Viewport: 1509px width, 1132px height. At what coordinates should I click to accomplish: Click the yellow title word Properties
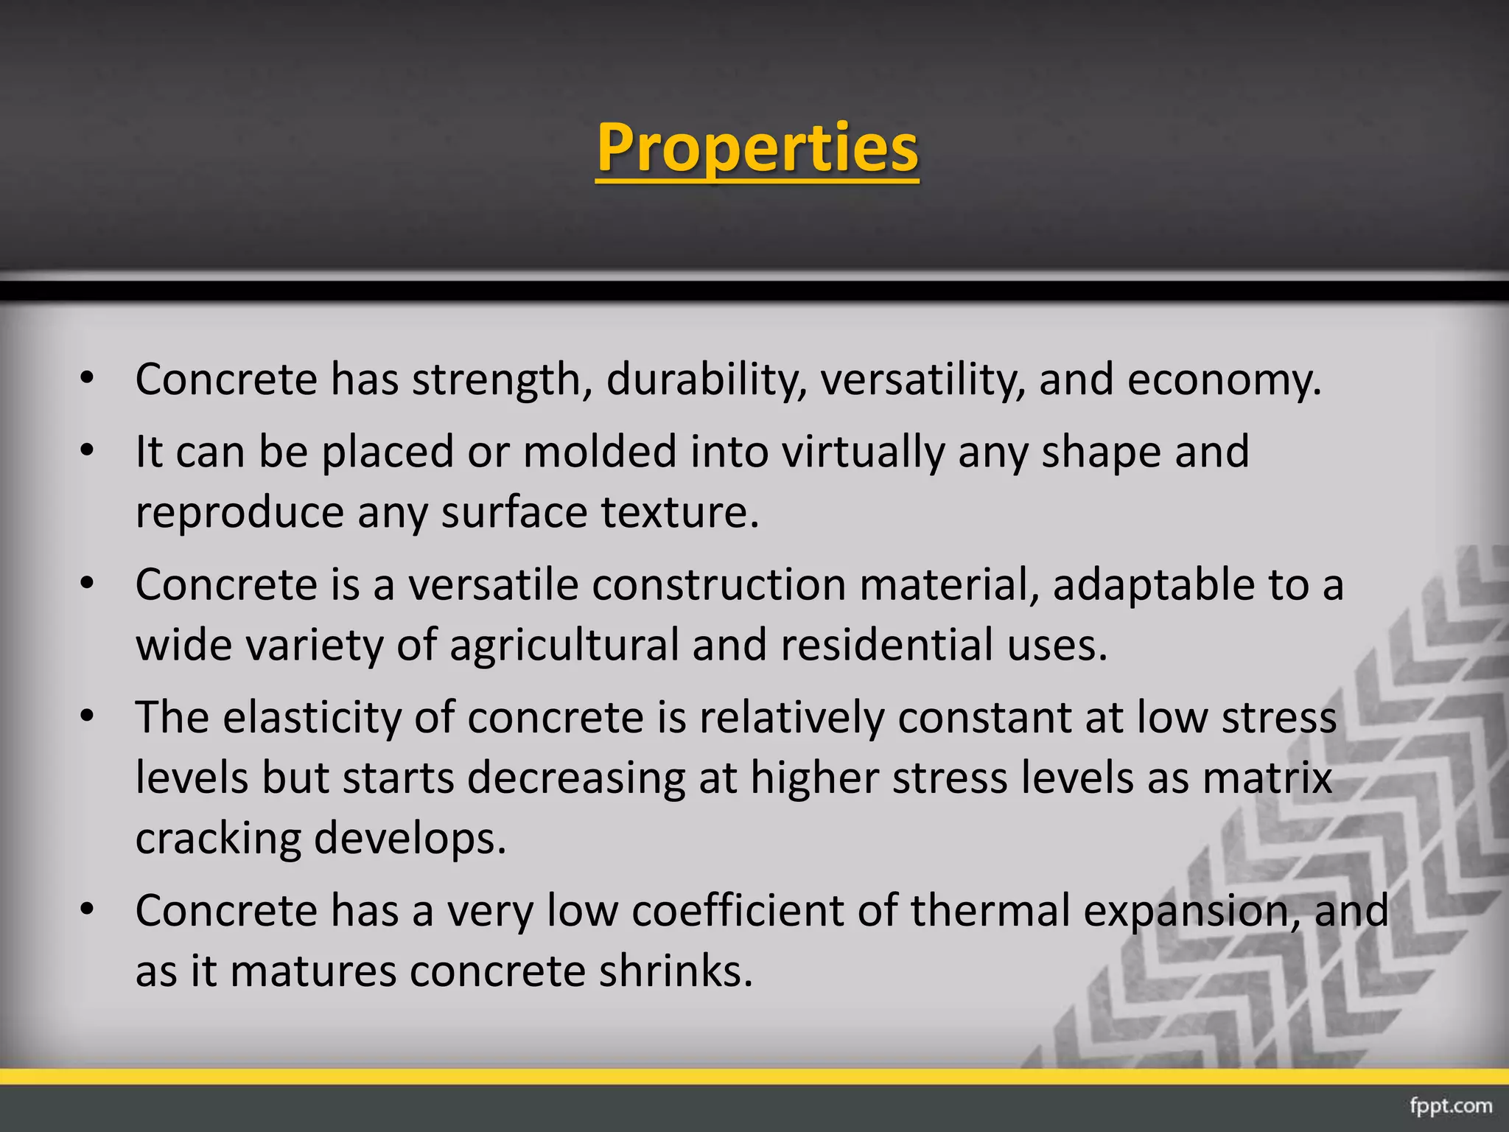click(x=757, y=147)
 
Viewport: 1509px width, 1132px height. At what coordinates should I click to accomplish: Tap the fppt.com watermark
click(x=1450, y=1105)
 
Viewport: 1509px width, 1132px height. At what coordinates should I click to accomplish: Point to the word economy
click(x=1224, y=380)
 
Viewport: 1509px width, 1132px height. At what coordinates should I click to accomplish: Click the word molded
click(x=599, y=451)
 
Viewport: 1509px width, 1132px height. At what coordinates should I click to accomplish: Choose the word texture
click(x=679, y=512)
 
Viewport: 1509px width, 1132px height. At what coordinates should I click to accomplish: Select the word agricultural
click(x=564, y=646)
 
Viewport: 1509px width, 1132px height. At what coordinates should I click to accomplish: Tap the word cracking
click(x=218, y=839)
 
